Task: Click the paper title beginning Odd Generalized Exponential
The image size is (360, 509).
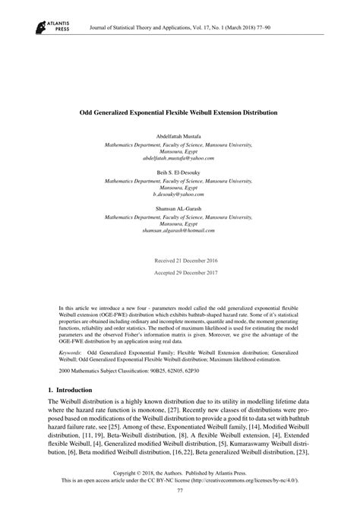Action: pos(179,112)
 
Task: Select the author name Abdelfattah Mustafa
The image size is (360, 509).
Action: pos(179,134)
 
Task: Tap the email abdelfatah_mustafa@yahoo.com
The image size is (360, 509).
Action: pos(179,157)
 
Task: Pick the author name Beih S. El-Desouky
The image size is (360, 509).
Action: pos(179,172)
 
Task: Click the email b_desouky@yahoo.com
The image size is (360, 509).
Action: pos(179,195)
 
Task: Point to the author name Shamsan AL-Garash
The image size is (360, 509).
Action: pos(179,210)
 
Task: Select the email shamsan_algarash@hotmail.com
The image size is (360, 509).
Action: pos(179,232)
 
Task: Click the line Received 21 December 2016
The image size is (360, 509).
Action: pos(179,261)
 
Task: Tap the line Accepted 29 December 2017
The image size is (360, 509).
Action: pos(179,273)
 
